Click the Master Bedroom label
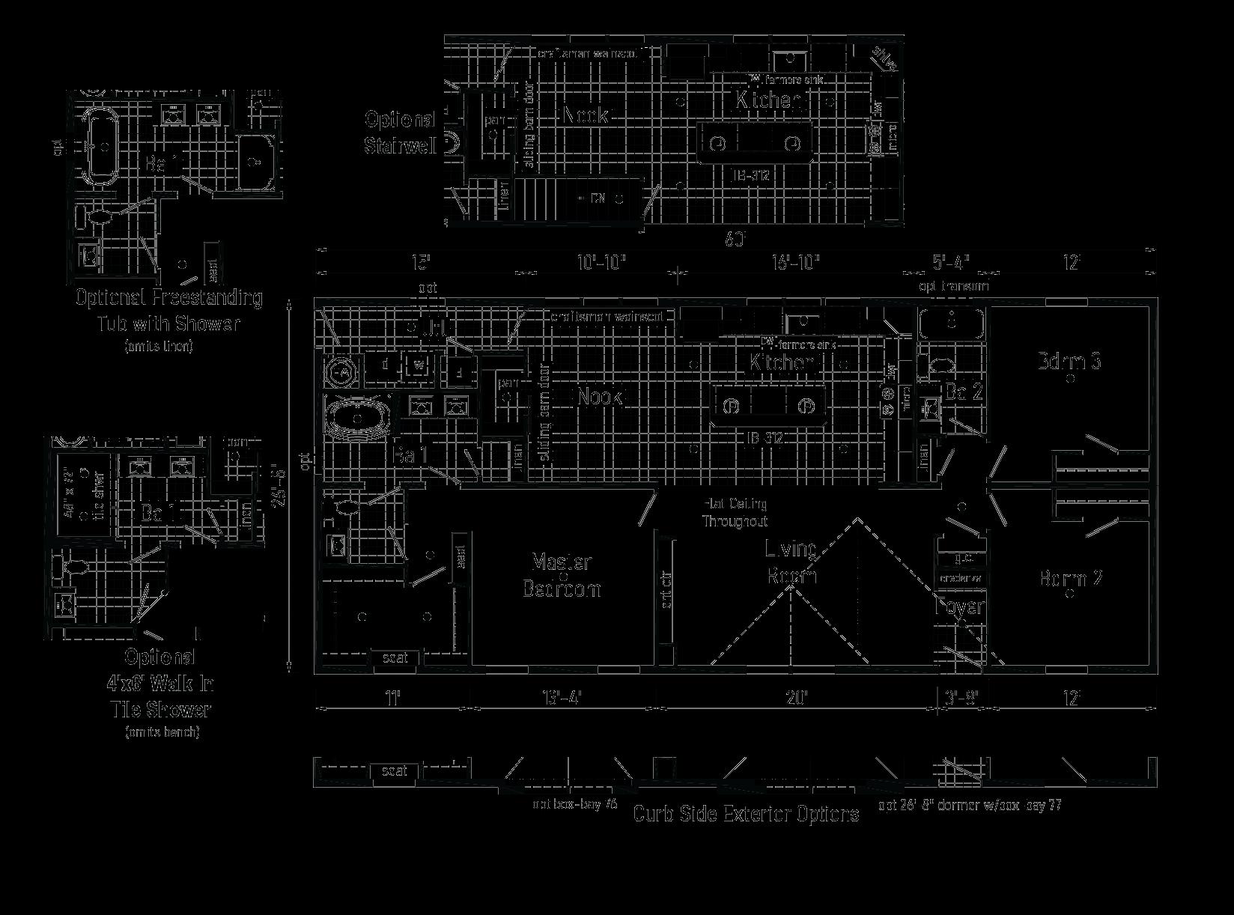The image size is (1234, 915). coord(562,575)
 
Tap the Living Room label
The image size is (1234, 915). coord(791,562)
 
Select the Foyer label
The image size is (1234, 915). coord(960,607)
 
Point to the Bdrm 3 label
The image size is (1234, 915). coord(1069,362)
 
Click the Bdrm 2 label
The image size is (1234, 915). coord(1071,579)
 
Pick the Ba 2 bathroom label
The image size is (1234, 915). coord(964,392)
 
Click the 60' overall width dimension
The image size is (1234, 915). coord(735,240)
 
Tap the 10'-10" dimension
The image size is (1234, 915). coord(601,263)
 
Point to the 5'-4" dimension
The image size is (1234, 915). coord(951,263)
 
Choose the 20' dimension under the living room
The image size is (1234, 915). coord(797,699)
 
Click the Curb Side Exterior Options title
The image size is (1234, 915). coord(746,815)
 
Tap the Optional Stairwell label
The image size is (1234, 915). coord(400,133)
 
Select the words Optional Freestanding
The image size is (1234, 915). coord(169,298)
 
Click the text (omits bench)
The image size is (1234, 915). coord(162,732)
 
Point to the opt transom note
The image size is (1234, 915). coord(954,286)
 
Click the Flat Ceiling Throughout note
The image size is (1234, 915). coord(735,513)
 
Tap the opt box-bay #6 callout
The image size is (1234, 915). coord(574,804)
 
